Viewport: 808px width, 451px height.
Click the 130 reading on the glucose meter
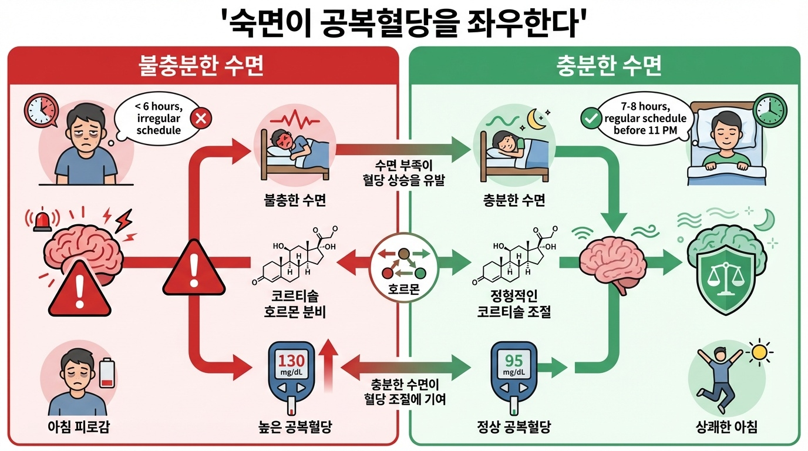point(291,361)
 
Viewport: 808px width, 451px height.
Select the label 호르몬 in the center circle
point(404,290)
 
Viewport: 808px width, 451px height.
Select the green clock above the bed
point(770,109)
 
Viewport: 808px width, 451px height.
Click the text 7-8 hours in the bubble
point(645,107)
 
